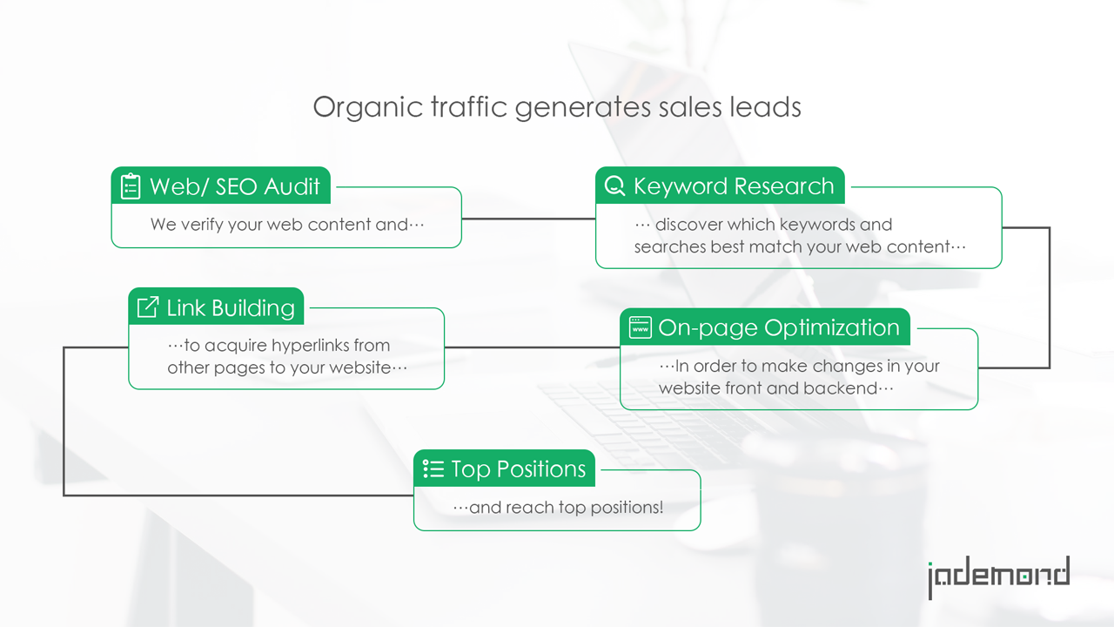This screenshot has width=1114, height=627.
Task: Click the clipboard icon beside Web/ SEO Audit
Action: [x=131, y=186]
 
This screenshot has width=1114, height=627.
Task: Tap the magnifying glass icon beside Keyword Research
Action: [x=614, y=185]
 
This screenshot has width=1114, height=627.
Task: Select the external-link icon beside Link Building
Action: [x=148, y=307]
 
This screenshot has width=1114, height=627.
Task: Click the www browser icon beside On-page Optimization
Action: [x=640, y=327]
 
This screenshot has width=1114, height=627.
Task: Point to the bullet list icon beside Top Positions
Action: [x=433, y=469]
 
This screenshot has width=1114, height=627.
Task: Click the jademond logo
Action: [x=999, y=577]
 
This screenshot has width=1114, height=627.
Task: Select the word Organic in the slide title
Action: [x=367, y=107]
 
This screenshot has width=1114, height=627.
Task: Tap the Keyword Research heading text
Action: [x=734, y=186]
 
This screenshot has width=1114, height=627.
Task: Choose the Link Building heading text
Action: [x=231, y=308]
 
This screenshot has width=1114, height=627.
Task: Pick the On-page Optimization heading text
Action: [x=779, y=328]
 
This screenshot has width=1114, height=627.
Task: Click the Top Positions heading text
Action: [x=519, y=469]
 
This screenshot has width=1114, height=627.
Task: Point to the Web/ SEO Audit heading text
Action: [x=235, y=186]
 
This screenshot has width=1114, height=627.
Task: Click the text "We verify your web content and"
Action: [x=279, y=225]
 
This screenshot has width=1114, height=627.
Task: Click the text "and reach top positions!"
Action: [x=566, y=508]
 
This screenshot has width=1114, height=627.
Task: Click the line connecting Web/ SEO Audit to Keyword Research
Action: [x=528, y=219]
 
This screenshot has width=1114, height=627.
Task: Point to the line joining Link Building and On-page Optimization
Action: [x=532, y=347]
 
